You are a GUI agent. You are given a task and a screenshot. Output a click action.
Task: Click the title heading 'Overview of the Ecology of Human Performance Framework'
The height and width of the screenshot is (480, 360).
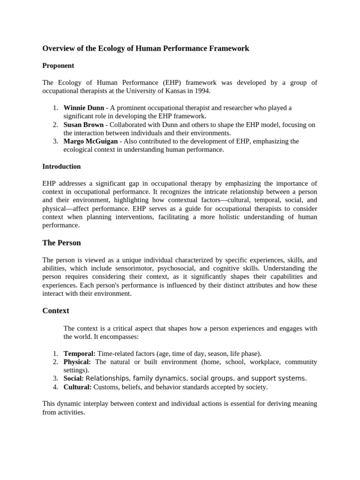pyautogui.click(x=146, y=48)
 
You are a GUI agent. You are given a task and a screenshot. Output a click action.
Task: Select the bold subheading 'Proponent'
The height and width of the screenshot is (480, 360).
pyautogui.click(x=58, y=66)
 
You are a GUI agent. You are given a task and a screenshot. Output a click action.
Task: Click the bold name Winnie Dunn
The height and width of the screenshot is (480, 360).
pyautogui.click(x=83, y=108)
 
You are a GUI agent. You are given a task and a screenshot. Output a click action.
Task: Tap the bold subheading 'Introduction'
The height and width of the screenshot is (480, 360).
pyautogui.click(x=61, y=166)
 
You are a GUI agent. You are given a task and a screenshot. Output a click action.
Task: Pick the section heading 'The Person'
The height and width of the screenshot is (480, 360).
pyautogui.click(x=61, y=243)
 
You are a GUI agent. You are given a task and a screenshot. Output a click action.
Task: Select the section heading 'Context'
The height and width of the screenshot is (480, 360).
pyautogui.click(x=56, y=310)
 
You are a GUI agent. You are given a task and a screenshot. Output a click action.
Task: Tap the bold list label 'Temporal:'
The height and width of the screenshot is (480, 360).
pyautogui.click(x=79, y=353)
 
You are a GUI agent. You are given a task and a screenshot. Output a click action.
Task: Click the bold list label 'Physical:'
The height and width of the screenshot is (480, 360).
pyautogui.click(x=77, y=362)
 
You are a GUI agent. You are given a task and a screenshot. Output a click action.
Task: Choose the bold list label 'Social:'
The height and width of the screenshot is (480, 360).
pyautogui.click(x=74, y=378)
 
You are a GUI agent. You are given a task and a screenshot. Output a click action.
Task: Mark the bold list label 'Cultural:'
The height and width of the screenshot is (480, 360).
pyautogui.click(x=78, y=387)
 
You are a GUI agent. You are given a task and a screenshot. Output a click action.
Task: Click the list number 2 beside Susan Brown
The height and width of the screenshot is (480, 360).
pyautogui.click(x=55, y=125)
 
